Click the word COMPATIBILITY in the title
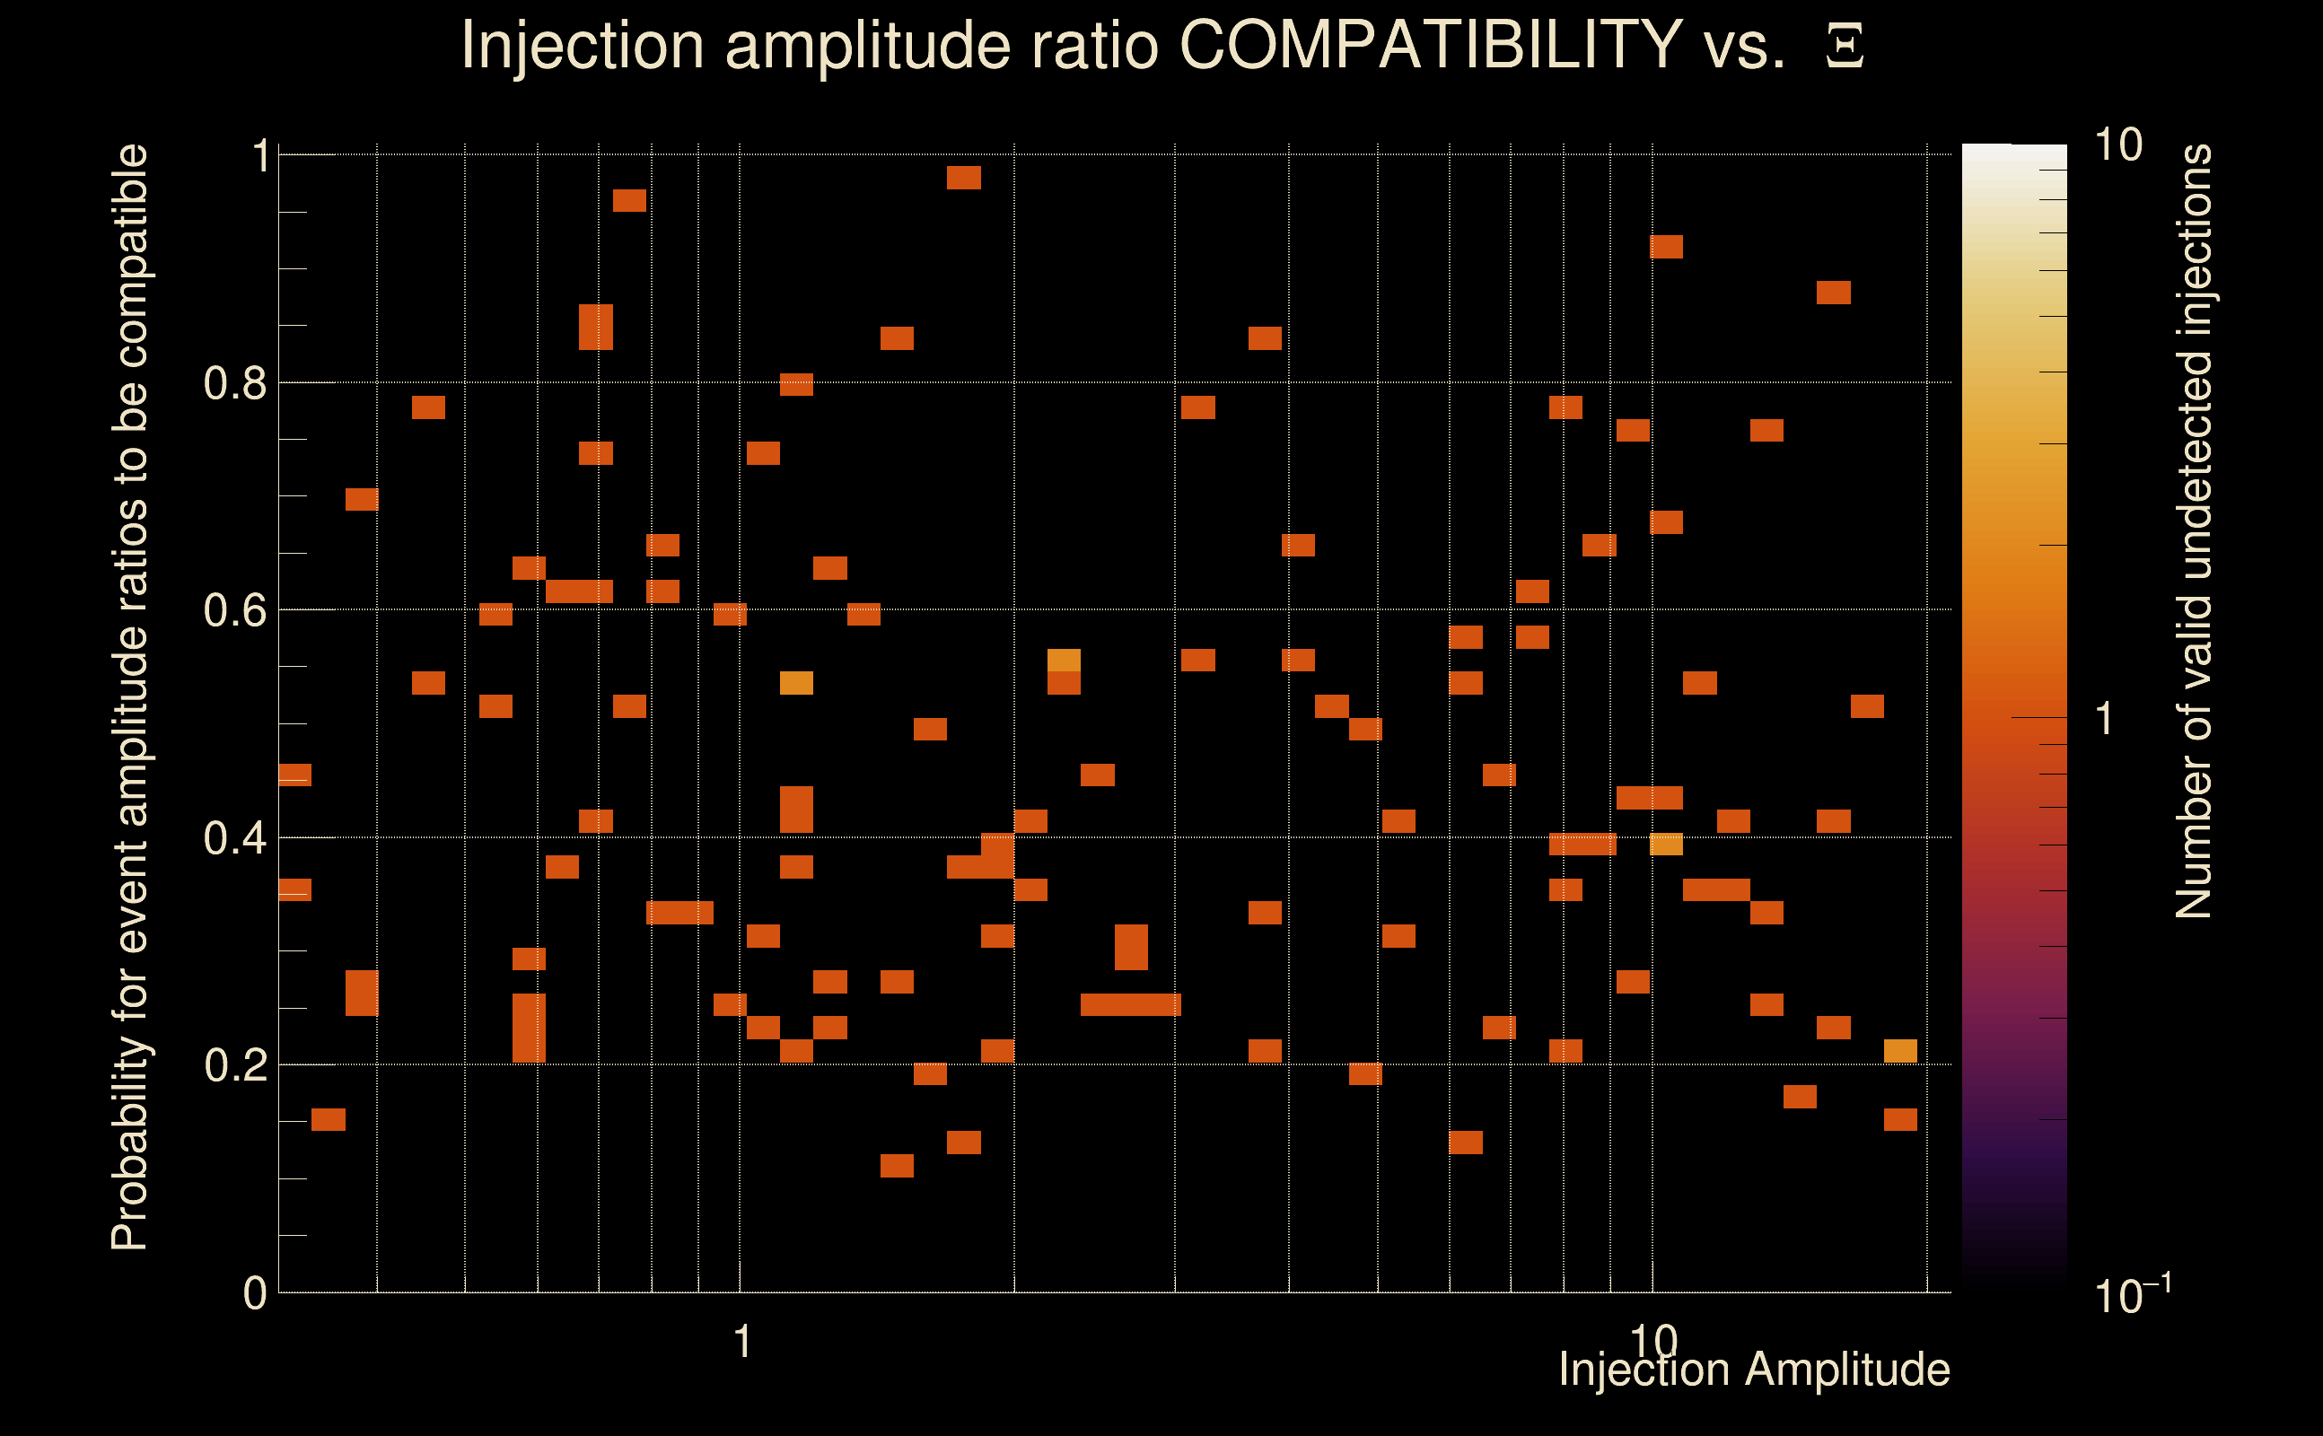[1430, 45]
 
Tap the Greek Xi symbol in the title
[1845, 47]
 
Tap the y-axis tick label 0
[255, 1293]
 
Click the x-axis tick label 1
[742, 1342]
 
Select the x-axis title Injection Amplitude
[1754, 1370]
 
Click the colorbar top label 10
[2117, 146]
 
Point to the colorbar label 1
[2105, 719]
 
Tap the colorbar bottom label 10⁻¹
[2131, 1293]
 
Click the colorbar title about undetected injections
[2194, 532]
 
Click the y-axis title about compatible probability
[130, 697]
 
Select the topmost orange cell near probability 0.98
[963, 178]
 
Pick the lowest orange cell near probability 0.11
[897, 1165]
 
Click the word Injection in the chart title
[583, 45]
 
